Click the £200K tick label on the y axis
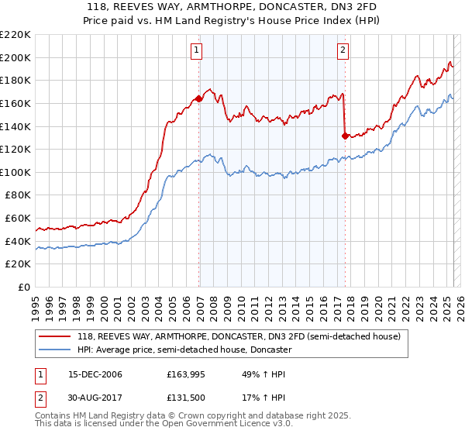tap(16, 57)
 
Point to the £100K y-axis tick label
tap(16, 172)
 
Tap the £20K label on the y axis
tap(19, 264)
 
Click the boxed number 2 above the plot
tap(343, 51)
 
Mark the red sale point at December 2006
tap(199, 98)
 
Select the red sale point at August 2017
tap(345, 136)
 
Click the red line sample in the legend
tap(56, 337)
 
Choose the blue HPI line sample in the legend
tap(56, 350)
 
